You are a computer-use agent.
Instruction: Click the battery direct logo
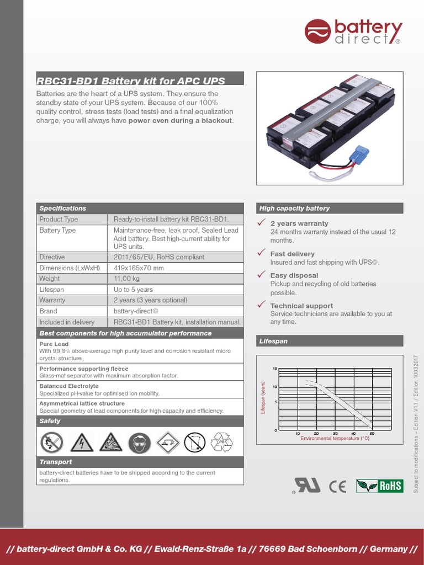353,32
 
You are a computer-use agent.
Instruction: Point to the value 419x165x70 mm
139,268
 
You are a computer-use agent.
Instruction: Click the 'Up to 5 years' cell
133,290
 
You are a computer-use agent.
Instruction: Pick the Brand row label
48,311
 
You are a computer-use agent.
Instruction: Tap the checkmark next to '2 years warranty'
262,222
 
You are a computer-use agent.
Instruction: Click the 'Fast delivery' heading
292,254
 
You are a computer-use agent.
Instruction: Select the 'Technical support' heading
301,306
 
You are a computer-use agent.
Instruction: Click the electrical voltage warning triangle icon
82,442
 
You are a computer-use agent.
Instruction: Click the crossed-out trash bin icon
194,442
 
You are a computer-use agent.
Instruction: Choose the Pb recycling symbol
222,442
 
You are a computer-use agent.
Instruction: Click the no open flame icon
52,442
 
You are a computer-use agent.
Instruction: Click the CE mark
337,486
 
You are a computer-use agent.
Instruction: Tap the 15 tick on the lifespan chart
275,368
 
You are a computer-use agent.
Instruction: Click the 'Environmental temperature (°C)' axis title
335,438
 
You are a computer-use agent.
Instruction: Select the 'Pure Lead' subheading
54,344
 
